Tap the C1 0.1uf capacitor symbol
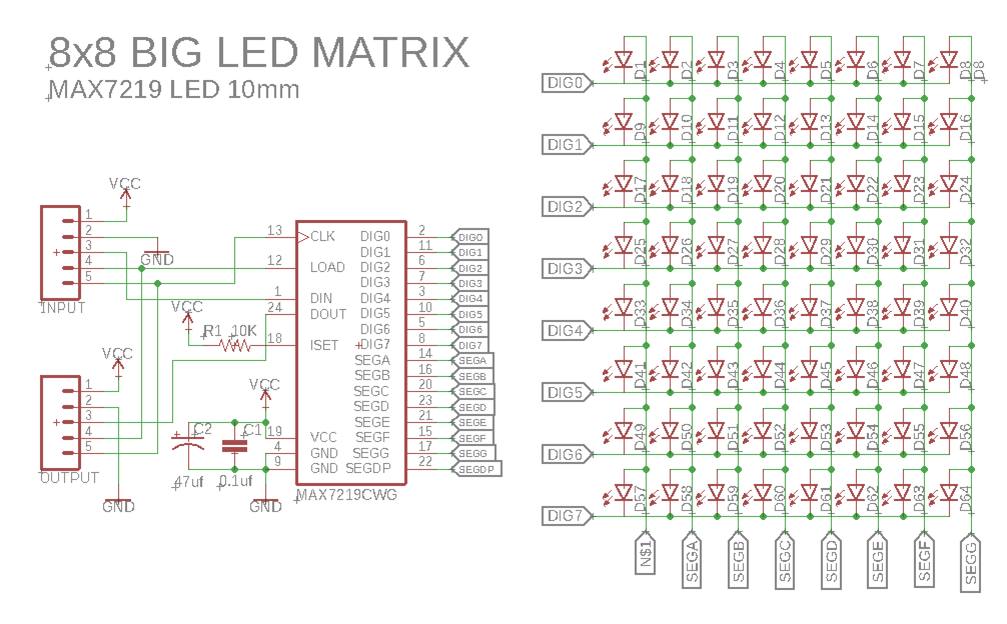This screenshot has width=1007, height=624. (x=234, y=446)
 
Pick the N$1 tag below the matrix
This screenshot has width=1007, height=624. (x=645, y=555)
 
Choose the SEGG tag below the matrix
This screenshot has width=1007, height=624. (x=970, y=565)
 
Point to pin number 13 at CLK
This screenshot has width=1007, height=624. (x=275, y=230)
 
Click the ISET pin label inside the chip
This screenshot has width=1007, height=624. (x=324, y=345)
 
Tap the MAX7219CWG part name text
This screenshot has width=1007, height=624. (x=347, y=495)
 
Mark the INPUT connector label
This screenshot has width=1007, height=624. (x=63, y=308)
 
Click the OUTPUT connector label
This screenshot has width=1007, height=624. (x=69, y=478)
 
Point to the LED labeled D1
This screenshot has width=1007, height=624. (x=624, y=60)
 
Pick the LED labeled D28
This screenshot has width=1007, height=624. (x=762, y=245)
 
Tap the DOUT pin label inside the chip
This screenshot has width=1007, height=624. (x=328, y=314)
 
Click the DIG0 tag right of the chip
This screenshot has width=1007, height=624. (x=470, y=236)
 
